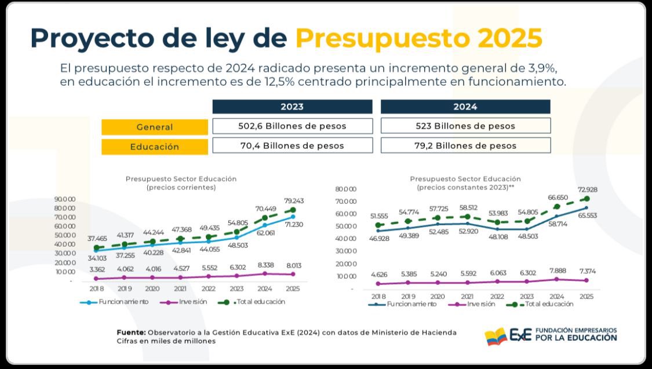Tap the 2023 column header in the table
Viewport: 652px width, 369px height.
(292, 107)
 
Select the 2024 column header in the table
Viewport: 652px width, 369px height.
(465, 107)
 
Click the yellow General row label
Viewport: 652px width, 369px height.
(154, 127)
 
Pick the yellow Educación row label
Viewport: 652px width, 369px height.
(154, 147)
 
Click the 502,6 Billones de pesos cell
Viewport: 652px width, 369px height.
(292, 126)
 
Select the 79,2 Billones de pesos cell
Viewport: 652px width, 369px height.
(465, 145)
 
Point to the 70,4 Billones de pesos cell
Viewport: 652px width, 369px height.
(292, 145)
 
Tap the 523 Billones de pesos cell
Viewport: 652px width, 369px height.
(465, 126)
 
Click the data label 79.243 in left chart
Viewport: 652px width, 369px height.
(293, 201)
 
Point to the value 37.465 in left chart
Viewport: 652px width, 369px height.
(97, 238)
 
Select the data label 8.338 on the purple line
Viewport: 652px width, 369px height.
(265, 264)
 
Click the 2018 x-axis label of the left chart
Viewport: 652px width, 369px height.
(96, 288)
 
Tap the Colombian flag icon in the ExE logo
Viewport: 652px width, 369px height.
(496, 336)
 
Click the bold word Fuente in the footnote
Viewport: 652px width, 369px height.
(130, 333)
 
